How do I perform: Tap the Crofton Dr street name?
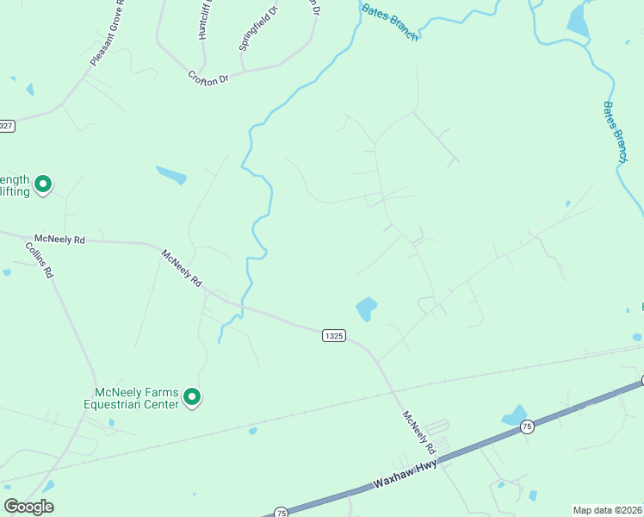pos(208,77)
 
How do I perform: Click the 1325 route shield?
pos(334,335)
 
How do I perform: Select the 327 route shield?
pos(6,126)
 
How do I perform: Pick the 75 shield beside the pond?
pos(527,427)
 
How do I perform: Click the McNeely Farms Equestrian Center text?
pos(132,397)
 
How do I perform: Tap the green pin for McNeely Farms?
pos(193,397)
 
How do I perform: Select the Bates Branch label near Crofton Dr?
pos(390,22)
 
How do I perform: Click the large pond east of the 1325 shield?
pos(366,308)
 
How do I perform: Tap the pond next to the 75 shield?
pos(514,415)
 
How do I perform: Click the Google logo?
pos(28,507)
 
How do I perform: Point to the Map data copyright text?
pos(607,510)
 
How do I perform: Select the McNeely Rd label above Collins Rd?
pos(59,239)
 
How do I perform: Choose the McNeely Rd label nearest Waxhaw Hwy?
pos(418,432)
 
